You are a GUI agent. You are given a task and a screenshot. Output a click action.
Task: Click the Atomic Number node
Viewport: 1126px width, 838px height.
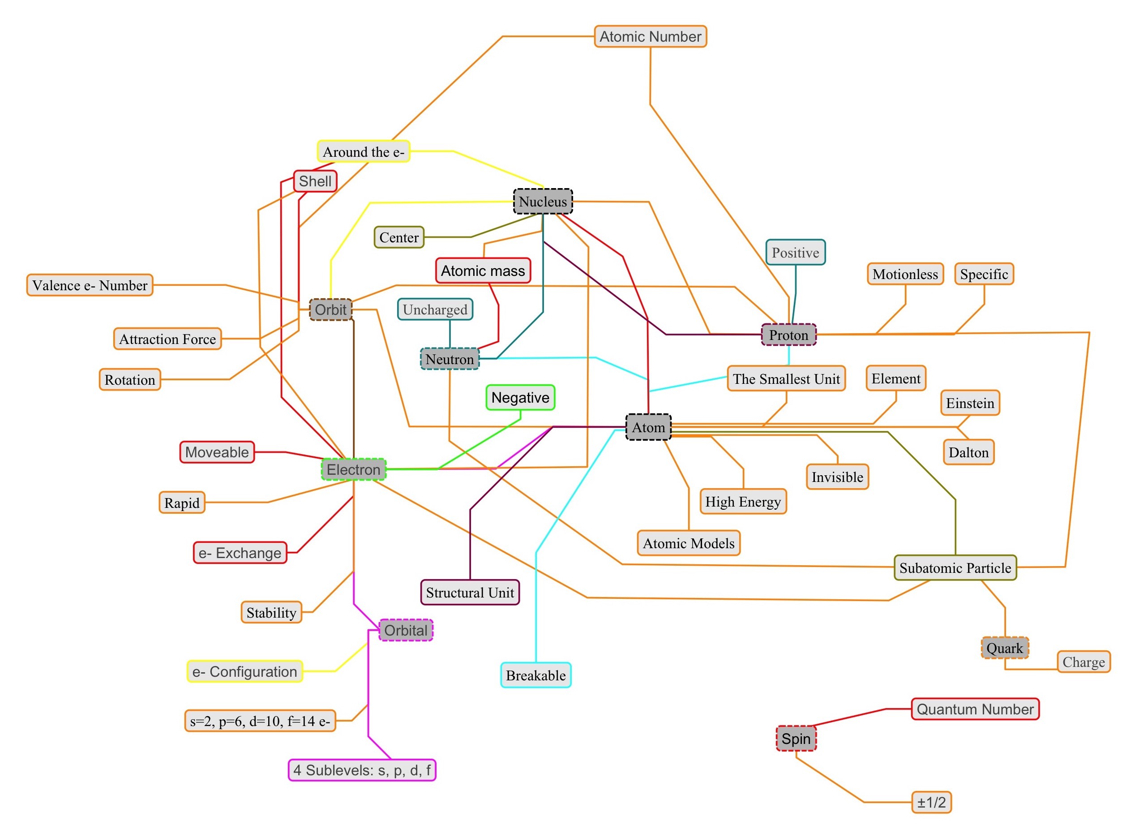pyautogui.click(x=650, y=37)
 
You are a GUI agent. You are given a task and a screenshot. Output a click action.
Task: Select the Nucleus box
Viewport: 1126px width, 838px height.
pyautogui.click(x=543, y=202)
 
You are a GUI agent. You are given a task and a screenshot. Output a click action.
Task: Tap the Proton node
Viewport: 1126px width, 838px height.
pyautogui.click(x=788, y=335)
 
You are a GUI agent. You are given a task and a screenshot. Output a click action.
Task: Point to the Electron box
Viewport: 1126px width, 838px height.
pyautogui.click(x=353, y=469)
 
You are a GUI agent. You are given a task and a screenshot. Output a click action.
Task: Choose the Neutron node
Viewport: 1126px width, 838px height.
pyautogui.click(x=449, y=359)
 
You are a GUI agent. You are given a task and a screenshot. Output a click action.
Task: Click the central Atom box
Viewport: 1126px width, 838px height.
pyautogui.click(x=648, y=427)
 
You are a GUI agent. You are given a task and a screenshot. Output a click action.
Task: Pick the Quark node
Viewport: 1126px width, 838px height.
pyautogui.click(x=1004, y=648)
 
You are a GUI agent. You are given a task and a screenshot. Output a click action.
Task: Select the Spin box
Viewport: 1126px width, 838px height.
pyautogui.click(x=796, y=739)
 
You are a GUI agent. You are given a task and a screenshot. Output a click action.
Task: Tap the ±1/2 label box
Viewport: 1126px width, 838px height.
pyautogui.click(x=931, y=802)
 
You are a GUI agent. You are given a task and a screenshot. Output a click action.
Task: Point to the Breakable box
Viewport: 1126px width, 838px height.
pyautogui.click(x=535, y=675)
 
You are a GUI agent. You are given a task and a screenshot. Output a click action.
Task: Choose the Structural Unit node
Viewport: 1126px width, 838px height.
pyautogui.click(x=470, y=593)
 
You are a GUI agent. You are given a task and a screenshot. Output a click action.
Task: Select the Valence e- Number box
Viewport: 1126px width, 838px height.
pyautogui.click(x=90, y=285)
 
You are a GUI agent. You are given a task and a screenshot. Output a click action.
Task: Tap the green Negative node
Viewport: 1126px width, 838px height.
pyautogui.click(x=520, y=397)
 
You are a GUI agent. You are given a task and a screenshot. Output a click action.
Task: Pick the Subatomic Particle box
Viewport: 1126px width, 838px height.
pyautogui.click(x=955, y=567)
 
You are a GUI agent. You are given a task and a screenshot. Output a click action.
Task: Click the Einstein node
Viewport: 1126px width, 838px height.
pyautogui.click(x=969, y=403)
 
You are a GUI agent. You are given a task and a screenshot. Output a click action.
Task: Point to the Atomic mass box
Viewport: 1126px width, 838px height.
pyautogui.click(x=483, y=271)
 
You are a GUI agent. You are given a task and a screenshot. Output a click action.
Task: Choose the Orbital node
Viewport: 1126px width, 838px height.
pyautogui.click(x=406, y=630)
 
